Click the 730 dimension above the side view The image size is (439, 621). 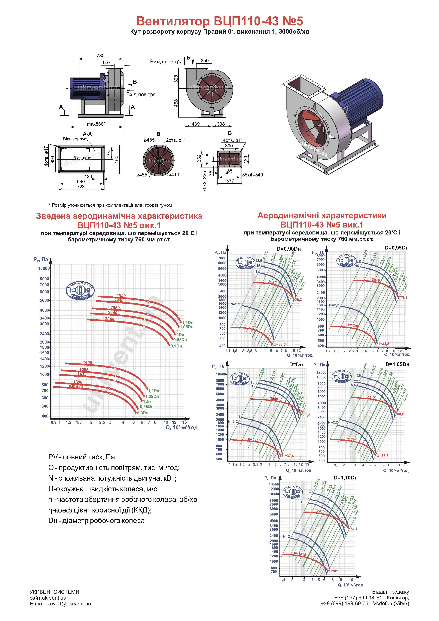pos(100,56)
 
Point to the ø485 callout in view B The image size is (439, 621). pos(149,140)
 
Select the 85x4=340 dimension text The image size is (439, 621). pos(252,175)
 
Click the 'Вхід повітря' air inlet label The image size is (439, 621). pos(141,95)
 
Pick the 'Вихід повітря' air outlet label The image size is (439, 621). pos(166,62)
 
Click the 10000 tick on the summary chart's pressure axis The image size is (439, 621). pos(44,268)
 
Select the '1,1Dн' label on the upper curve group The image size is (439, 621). pos(188,323)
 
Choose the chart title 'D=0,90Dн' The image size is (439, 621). pos(289,249)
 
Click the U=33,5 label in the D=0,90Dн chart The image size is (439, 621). pos(280,345)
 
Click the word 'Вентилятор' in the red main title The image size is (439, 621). pos(172,21)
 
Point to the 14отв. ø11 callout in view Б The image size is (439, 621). pos(232,140)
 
